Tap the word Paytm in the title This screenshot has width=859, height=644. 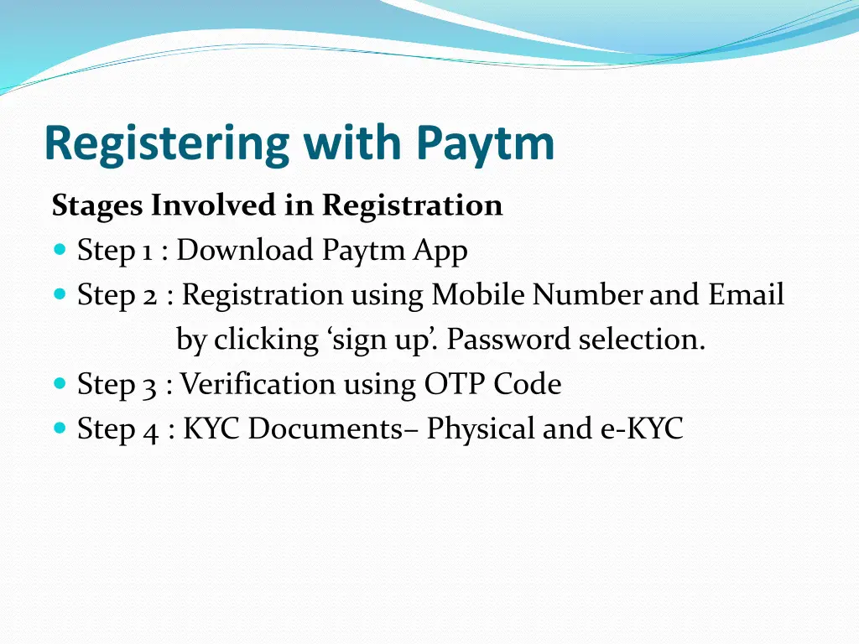click(x=485, y=144)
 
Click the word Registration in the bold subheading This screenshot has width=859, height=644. click(x=412, y=205)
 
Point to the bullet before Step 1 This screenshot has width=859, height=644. click(x=59, y=250)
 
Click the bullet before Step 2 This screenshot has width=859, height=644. click(x=59, y=294)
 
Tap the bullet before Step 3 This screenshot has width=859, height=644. click(x=59, y=384)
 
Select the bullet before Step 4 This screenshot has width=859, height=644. click(x=59, y=428)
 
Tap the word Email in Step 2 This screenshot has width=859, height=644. click(x=746, y=295)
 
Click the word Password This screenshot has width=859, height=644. click(x=508, y=340)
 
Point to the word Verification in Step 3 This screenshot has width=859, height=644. click(x=257, y=384)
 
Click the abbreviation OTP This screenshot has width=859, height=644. click(x=454, y=384)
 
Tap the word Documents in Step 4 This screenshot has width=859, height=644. click(x=325, y=428)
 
